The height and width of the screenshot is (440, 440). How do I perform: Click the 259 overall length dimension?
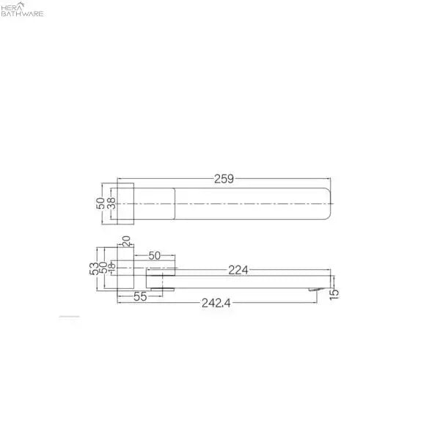point(224,179)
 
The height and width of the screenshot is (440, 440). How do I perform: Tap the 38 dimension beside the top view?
point(111,203)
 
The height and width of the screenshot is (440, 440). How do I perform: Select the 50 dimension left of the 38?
point(100,203)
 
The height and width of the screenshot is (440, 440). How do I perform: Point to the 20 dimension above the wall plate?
point(126,241)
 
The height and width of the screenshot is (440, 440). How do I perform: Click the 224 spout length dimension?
point(238,270)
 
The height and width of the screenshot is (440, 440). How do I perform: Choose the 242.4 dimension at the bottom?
point(216,303)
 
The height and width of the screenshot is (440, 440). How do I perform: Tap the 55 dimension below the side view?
point(140,296)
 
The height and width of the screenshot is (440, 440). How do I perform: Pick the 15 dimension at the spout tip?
point(334,294)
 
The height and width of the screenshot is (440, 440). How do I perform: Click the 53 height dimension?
point(95,268)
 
